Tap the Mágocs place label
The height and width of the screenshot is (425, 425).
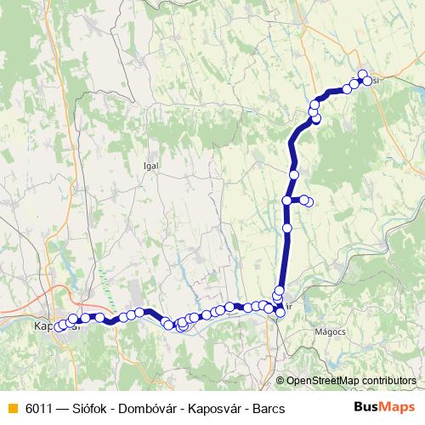point(328,331)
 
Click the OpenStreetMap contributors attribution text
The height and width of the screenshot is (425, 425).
point(351,381)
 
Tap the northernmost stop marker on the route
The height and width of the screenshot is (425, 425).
point(363,75)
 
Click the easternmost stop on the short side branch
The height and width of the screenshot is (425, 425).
point(309,202)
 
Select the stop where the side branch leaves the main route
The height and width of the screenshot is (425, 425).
point(287,201)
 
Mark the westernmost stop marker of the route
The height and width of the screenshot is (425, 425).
point(62,324)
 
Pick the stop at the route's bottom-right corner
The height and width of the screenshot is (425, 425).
point(280,313)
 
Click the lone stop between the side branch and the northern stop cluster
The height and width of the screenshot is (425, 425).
point(294,174)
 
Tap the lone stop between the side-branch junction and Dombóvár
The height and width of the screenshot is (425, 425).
point(287,228)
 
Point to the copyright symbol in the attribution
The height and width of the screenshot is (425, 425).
point(280,381)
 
